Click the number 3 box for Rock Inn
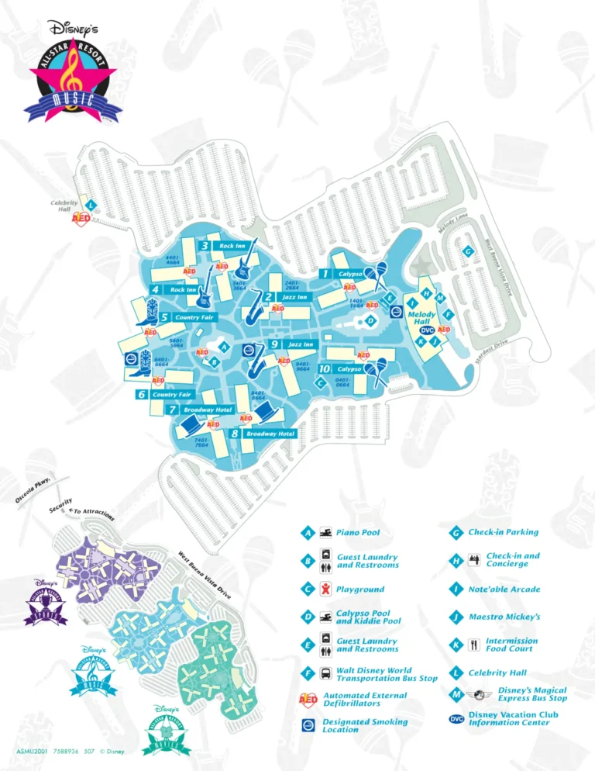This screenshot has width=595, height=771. click(x=205, y=246)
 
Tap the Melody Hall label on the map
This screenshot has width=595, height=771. click(x=422, y=317)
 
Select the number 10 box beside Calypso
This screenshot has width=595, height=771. click(x=325, y=369)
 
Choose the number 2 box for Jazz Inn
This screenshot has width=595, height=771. click(x=268, y=296)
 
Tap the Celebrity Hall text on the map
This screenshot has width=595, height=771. click(x=64, y=206)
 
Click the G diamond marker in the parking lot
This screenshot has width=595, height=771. click(x=468, y=251)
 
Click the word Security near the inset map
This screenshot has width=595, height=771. click(x=60, y=505)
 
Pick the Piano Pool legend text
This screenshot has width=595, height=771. click(x=358, y=533)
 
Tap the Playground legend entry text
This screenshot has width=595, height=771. click(x=360, y=589)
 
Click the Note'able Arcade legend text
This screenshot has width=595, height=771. click(x=504, y=589)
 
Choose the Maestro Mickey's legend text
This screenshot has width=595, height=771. click(x=504, y=617)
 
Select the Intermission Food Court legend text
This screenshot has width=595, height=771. click(x=511, y=645)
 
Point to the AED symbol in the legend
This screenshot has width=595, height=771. click(x=308, y=700)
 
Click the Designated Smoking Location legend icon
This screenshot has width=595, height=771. click(x=308, y=725)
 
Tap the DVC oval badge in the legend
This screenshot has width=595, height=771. click(x=456, y=719)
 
